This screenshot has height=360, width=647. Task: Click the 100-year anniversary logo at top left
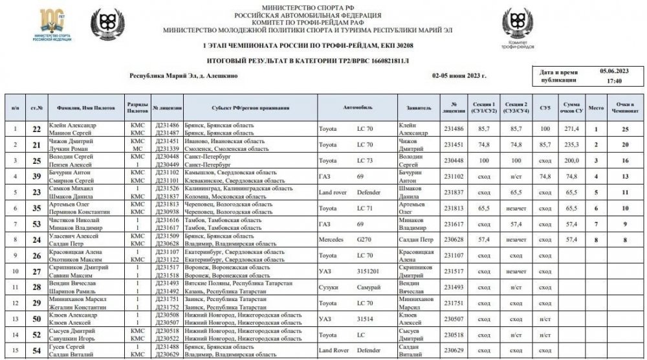point(49,25)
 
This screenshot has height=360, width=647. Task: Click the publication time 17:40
point(615,81)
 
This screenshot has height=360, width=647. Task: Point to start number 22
point(38,129)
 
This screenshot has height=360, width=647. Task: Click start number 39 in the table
point(38,175)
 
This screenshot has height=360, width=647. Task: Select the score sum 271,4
point(571,129)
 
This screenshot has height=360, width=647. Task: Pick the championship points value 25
point(625,129)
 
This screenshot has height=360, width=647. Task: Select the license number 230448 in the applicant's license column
point(454,160)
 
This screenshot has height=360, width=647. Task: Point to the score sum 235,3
point(571,144)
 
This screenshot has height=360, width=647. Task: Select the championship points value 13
point(625,175)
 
